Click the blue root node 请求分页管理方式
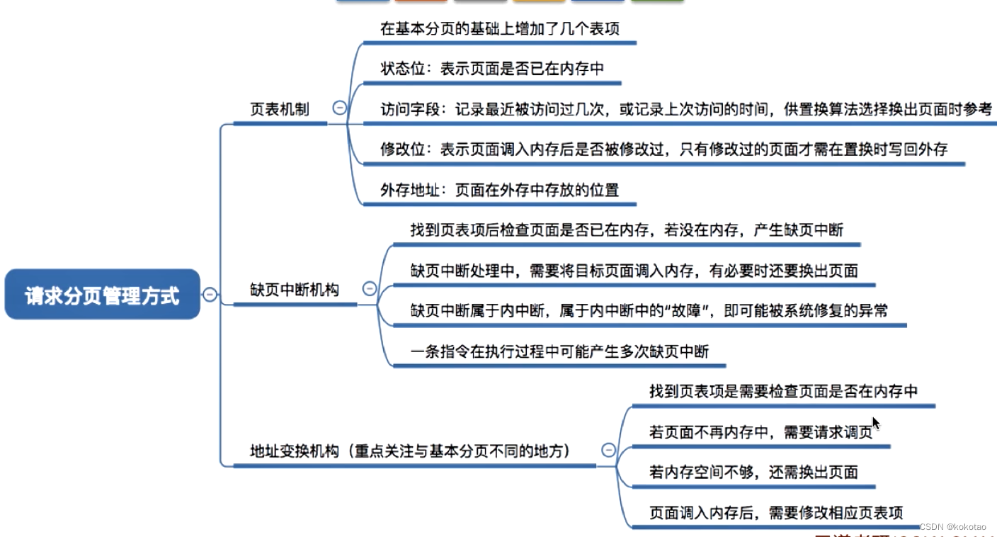pyautogui.click(x=103, y=295)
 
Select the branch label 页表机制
pyautogui.click(x=280, y=109)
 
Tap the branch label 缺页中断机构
pyautogui.click(x=295, y=289)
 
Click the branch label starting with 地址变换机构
pyautogui.click(x=410, y=451)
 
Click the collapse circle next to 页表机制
pyautogui.click(x=340, y=108)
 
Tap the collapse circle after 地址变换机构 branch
pyautogui.click(x=608, y=450)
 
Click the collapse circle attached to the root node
pyautogui.click(x=210, y=295)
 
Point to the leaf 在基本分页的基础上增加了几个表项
pyautogui.click(x=501, y=29)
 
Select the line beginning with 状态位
pyautogui.click(x=491, y=69)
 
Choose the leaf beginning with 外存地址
pyautogui.click(x=499, y=190)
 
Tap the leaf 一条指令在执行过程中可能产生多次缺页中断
pyautogui.click(x=559, y=351)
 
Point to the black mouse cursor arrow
pyautogui.click(x=876, y=423)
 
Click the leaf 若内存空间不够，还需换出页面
pyautogui.click(x=753, y=472)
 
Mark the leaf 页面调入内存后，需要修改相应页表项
pyautogui.click(x=776, y=512)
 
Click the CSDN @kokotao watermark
pyautogui.click(x=953, y=527)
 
